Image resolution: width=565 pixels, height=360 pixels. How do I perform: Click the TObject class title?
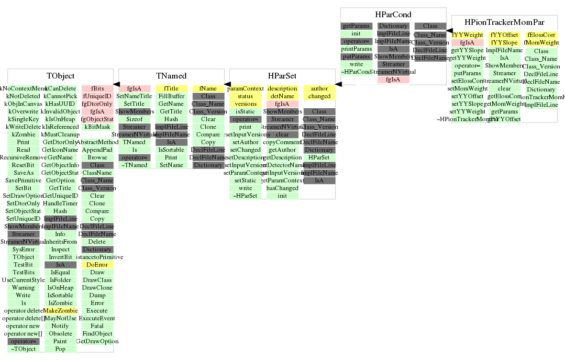coord(60,76)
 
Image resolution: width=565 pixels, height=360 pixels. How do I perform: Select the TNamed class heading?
coord(171,76)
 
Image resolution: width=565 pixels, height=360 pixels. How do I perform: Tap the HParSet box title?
coord(282,76)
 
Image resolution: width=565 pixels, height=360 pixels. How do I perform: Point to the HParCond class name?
coord(393,15)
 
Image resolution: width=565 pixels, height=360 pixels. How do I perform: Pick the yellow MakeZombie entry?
coord(60,311)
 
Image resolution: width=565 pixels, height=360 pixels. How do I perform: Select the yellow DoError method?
coord(97,265)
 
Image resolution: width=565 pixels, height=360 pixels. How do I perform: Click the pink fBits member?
coord(97,89)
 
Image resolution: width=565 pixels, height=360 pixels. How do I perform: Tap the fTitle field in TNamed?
coord(171,89)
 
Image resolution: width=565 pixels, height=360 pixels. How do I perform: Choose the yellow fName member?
coord(208,89)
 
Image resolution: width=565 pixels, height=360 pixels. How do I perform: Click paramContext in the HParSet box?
coord(245,89)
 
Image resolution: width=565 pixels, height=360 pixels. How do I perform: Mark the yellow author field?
coord(319,89)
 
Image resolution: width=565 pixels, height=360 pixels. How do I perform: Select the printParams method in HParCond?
coord(356,49)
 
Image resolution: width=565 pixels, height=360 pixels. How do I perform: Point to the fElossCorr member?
coord(541,35)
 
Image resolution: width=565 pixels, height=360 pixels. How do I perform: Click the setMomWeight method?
coord(467,89)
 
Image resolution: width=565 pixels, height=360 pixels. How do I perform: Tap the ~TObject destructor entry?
coord(23,349)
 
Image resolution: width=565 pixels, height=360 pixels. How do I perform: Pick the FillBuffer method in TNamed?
coord(171,96)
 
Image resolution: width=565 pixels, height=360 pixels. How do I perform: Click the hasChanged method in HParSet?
coord(282,188)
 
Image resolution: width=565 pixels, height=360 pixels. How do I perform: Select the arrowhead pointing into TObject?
coord(116,84)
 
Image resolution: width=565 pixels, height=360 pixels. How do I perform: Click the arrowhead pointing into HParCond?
coord(449,31)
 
